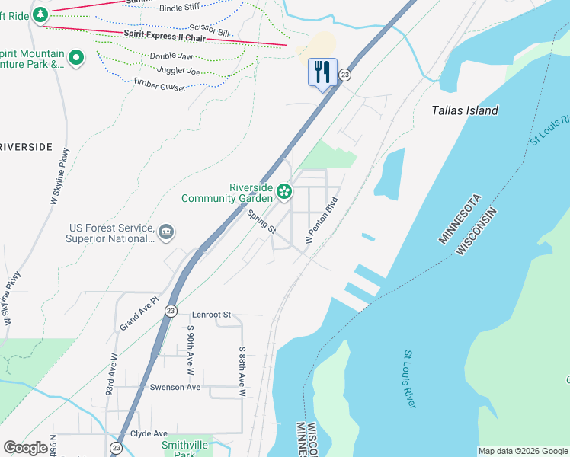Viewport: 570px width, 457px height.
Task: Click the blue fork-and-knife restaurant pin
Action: (322, 73)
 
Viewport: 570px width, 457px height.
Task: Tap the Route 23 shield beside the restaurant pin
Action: (345, 75)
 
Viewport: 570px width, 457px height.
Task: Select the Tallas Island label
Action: (465, 110)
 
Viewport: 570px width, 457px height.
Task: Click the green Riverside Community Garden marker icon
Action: (284, 191)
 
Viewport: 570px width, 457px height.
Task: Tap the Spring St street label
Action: (261, 222)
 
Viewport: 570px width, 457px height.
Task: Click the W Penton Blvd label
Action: (321, 219)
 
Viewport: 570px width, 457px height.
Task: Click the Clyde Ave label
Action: (149, 433)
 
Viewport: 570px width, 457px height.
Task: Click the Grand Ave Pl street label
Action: (139, 314)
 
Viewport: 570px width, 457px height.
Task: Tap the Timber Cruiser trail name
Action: (159, 84)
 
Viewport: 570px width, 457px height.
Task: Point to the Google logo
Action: (25, 448)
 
